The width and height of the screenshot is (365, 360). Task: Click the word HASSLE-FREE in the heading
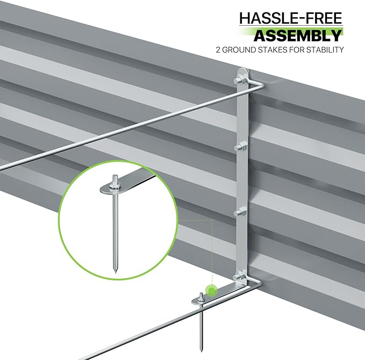click(x=291, y=18)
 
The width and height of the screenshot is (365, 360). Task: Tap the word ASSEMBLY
click(x=298, y=35)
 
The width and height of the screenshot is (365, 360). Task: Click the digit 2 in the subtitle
click(x=218, y=50)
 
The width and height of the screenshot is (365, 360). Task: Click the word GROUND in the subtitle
click(x=235, y=50)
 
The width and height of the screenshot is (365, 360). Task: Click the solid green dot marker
click(x=211, y=291)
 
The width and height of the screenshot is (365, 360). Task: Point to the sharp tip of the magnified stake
click(x=116, y=273)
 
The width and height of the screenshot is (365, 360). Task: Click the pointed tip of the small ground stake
click(x=202, y=350)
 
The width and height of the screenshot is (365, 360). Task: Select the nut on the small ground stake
click(x=201, y=300)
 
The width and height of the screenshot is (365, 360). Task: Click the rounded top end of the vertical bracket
click(x=244, y=70)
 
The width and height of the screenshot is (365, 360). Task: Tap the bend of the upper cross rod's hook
click(x=263, y=85)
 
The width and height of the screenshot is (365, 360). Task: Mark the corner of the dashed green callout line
click(x=212, y=220)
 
